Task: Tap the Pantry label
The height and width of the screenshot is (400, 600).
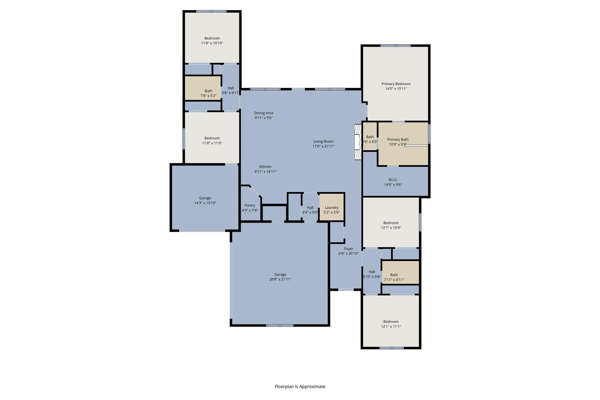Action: [x=250, y=205]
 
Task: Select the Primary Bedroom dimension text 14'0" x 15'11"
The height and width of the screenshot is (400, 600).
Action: [x=396, y=89]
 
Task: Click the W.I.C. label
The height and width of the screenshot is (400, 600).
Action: [x=393, y=180]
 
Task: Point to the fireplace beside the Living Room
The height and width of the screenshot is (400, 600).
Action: [x=358, y=142]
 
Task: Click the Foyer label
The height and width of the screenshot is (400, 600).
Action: [x=348, y=249]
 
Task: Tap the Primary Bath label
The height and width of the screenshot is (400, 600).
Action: [x=398, y=139]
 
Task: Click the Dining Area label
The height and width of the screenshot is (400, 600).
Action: [x=264, y=113]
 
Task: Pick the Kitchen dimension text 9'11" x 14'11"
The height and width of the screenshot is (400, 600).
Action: [x=265, y=172]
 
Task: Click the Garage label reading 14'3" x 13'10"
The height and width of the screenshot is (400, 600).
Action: [x=205, y=198]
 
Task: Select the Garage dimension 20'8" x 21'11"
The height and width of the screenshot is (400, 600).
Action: [x=280, y=279]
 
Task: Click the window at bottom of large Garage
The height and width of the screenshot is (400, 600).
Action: [x=279, y=325]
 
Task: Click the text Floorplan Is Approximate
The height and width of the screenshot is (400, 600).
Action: [x=300, y=387]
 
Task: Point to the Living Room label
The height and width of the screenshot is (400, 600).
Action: [x=323, y=141]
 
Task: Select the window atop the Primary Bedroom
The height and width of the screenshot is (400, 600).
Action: [x=395, y=45]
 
